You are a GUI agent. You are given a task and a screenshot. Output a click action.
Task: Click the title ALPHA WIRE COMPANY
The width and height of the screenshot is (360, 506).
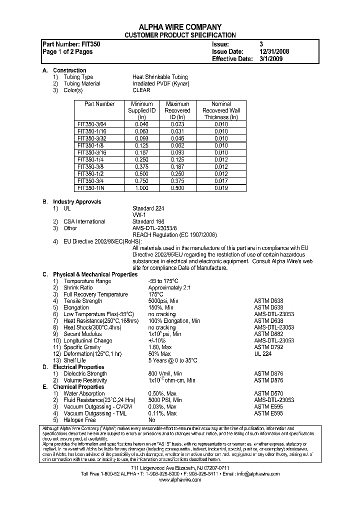pos(179,27)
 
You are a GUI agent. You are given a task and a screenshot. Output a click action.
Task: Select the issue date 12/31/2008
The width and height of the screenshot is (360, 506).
pos(274,51)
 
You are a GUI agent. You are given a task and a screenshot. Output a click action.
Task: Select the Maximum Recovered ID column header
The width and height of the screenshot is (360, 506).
pos(177,110)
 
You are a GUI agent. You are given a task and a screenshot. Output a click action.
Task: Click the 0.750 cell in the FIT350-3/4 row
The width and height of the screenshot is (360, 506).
pos(142,181)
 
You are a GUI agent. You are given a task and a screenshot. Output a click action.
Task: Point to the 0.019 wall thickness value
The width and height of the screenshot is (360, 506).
pos(221,188)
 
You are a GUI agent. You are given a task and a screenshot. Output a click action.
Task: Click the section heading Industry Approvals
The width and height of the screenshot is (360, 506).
pos(77,201)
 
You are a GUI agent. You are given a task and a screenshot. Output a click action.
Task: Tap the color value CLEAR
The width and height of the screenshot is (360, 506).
pos(141,90)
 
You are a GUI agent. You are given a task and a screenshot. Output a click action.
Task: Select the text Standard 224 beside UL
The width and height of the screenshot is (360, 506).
pos(148,208)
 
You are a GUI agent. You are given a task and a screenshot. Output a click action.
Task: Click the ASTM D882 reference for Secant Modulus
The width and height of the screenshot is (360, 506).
pos(269,334)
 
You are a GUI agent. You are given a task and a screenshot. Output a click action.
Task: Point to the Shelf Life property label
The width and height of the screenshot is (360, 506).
pos(74,360)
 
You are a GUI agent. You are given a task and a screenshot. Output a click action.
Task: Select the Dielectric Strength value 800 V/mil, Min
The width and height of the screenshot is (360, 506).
pos(165,373)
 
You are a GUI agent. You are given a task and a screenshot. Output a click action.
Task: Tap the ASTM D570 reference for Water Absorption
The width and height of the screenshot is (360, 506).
pos(269,393)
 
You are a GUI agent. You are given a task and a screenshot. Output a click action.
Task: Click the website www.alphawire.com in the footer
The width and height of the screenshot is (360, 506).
pos(179,479)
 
